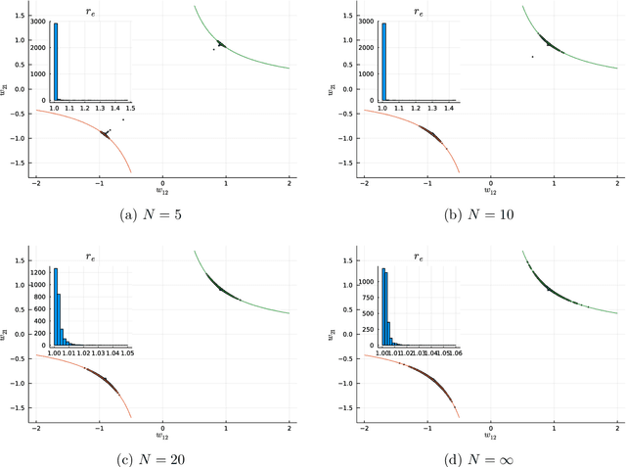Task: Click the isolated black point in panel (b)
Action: tap(533, 56)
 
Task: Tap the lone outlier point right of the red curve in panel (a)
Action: tap(123, 119)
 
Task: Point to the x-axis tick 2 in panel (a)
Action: tap(290, 183)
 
